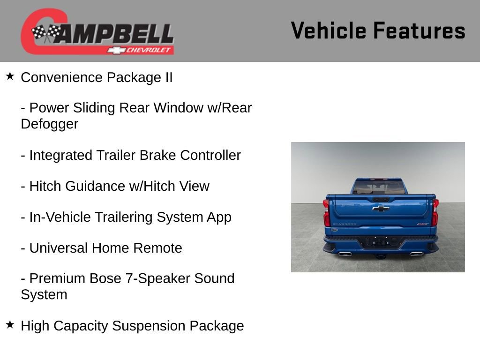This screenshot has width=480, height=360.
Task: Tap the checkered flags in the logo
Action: [x=46, y=33]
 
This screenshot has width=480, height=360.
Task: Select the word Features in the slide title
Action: [x=419, y=31]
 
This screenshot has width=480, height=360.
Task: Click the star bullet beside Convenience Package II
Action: [x=10, y=76]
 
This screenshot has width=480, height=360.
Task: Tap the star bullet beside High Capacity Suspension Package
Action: [x=10, y=324]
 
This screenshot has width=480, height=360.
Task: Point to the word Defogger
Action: [x=49, y=124]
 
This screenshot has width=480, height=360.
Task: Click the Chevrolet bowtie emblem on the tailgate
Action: [x=381, y=208]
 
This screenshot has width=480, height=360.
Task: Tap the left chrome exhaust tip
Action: [x=345, y=254]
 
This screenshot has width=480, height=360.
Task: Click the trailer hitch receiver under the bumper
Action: [x=381, y=256]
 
